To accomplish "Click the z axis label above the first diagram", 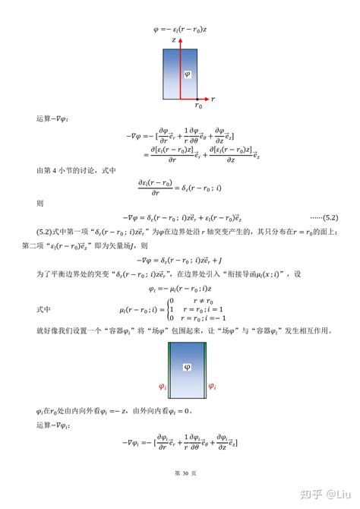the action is point(175,38).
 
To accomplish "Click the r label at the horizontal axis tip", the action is point(213,99).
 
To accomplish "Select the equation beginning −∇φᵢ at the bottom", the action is point(179,445).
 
